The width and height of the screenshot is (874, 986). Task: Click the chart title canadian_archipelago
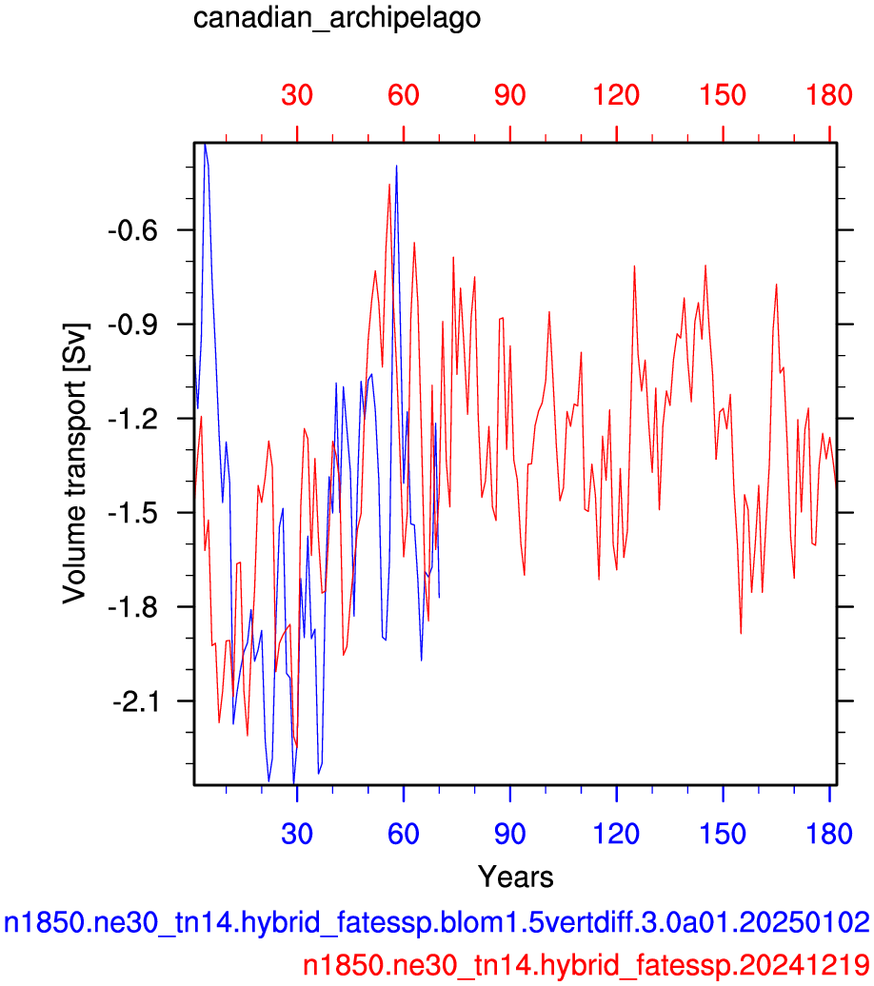pyautogui.click(x=337, y=17)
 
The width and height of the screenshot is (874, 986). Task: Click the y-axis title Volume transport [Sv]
pyautogui.click(x=74, y=463)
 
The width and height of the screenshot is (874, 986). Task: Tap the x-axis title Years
pyautogui.click(x=515, y=876)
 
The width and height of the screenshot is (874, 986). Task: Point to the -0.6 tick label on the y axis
pyautogui.click(x=132, y=230)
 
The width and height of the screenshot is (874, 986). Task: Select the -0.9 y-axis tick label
pyautogui.click(x=132, y=325)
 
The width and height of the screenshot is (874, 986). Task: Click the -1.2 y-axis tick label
pyautogui.click(x=132, y=420)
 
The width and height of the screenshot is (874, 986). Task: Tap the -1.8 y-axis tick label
pyautogui.click(x=132, y=607)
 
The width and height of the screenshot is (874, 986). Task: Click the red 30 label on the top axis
pyautogui.click(x=297, y=95)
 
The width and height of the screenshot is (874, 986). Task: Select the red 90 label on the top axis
pyautogui.click(x=509, y=95)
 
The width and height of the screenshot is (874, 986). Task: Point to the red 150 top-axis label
pyautogui.click(x=723, y=95)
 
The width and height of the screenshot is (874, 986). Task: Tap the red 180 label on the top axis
pyautogui.click(x=829, y=95)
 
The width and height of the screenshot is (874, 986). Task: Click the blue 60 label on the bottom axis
pyautogui.click(x=404, y=834)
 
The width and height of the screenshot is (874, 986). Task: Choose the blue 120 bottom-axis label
pyautogui.click(x=617, y=834)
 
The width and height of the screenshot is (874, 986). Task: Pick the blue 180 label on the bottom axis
pyautogui.click(x=829, y=834)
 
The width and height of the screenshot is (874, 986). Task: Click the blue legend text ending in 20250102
pyautogui.click(x=437, y=923)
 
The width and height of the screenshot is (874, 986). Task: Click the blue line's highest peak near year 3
pyautogui.click(x=205, y=144)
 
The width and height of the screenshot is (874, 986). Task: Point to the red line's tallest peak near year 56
pyautogui.click(x=389, y=185)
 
